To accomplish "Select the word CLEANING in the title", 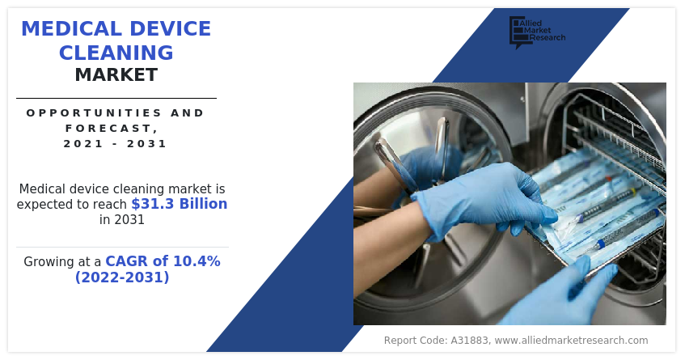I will (116, 53).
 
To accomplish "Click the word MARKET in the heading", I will (116, 76).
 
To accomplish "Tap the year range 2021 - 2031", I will (116, 144).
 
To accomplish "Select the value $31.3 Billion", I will (180, 204).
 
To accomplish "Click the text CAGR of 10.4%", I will (163, 261).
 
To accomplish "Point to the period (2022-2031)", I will (122, 277).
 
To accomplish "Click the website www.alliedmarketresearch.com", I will (571, 341).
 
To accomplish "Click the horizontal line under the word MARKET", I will (116, 98).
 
